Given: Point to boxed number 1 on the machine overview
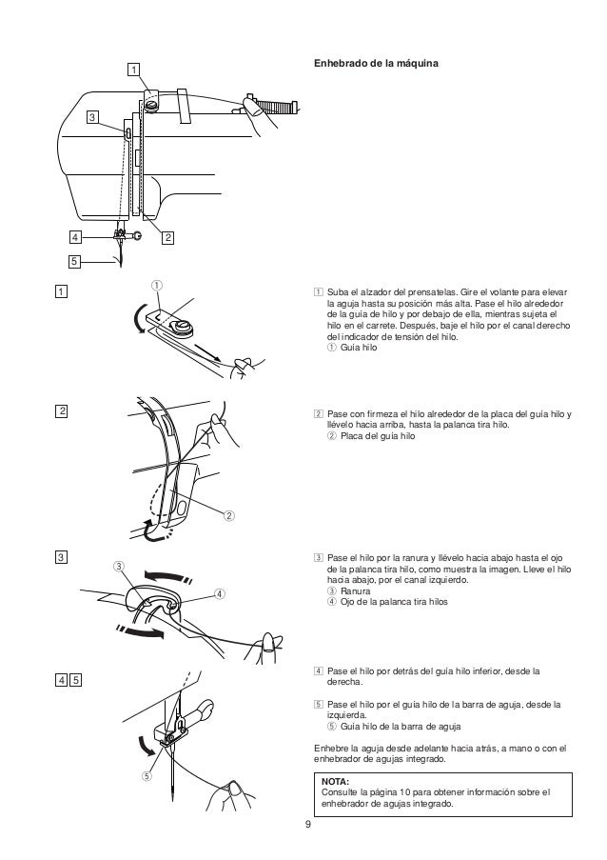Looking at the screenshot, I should click(134, 69).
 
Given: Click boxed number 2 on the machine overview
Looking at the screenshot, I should click(167, 236).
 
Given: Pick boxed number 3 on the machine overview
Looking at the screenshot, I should click(91, 117).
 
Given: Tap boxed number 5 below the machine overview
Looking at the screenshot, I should click(75, 261).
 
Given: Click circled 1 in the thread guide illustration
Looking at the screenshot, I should click(158, 285).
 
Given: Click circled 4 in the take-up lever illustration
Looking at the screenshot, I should click(219, 593).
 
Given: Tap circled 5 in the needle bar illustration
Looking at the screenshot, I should click(147, 775).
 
